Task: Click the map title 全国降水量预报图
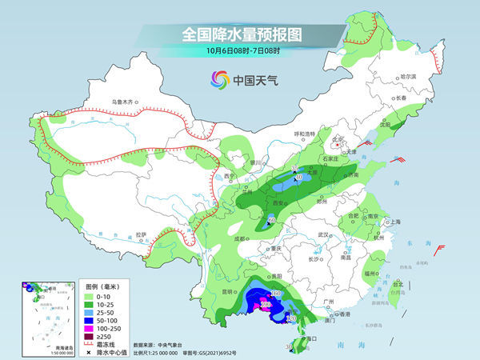240,34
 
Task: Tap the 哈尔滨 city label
409,76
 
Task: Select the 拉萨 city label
141,234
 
